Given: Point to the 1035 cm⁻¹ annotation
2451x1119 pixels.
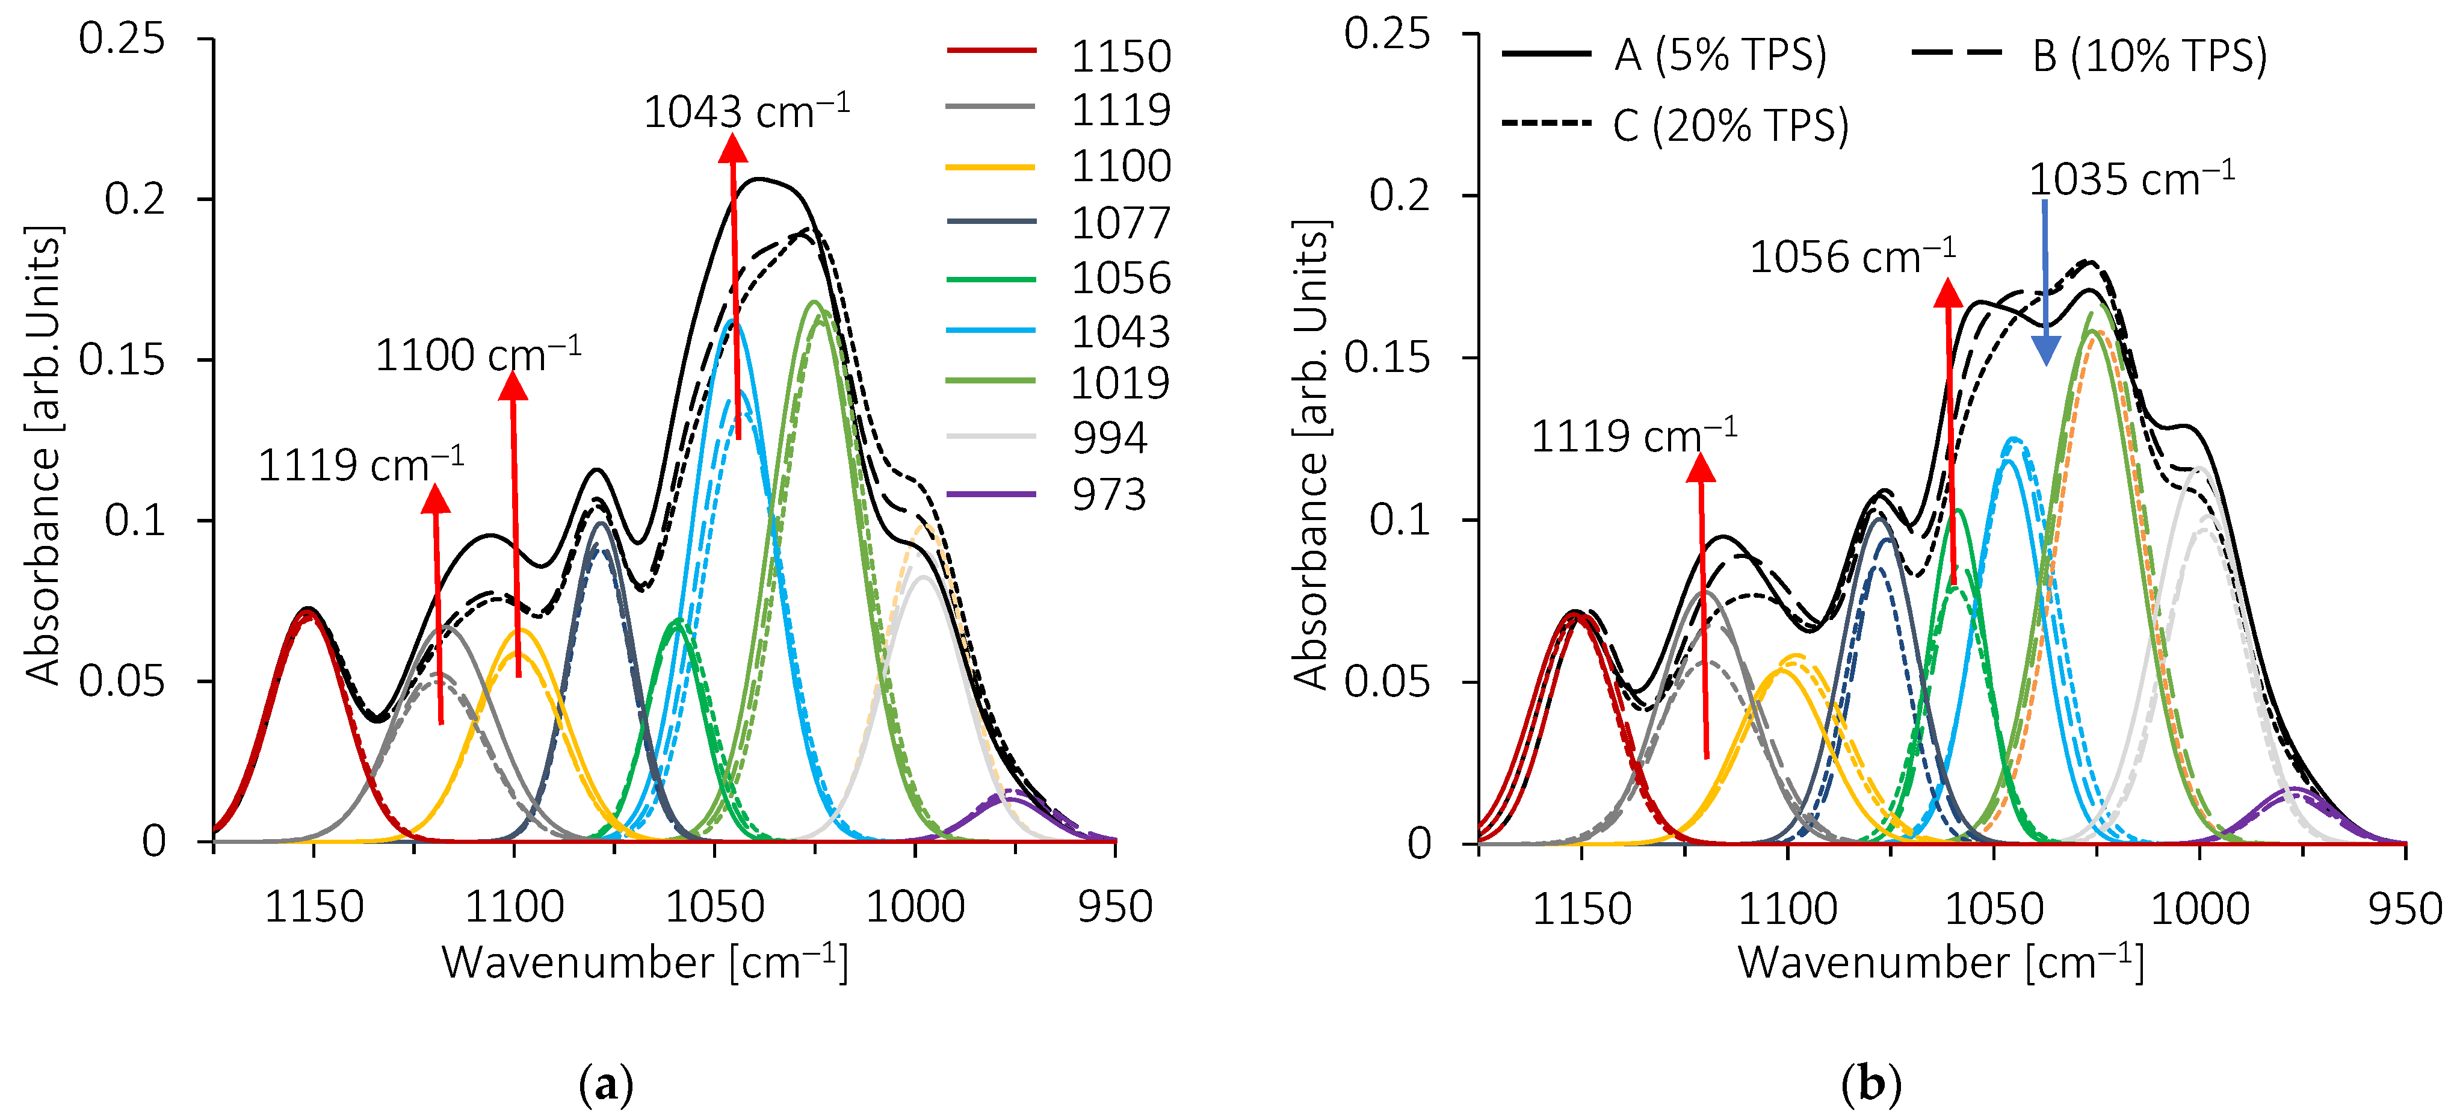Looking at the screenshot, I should tap(2131, 179).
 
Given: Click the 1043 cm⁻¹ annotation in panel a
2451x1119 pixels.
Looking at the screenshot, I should tap(746, 111).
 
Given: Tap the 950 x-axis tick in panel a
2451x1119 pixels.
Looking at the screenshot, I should tap(1114, 906).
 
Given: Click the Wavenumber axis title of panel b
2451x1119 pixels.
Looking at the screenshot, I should tap(1941, 962).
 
